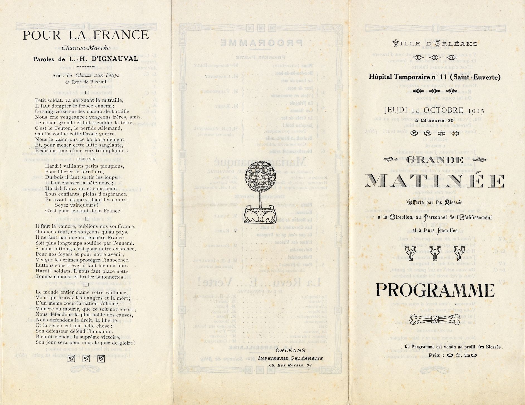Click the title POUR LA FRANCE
[x=86, y=35]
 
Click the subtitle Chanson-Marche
[x=86, y=48]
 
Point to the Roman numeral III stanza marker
[x=86, y=285]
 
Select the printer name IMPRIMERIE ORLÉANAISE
[x=290, y=358]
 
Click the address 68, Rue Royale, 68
[x=290, y=365]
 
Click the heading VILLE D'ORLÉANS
[x=435, y=44]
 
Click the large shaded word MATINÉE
[x=435, y=181]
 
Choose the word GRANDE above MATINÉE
[x=435, y=160]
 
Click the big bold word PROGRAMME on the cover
[x=435, y=290]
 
